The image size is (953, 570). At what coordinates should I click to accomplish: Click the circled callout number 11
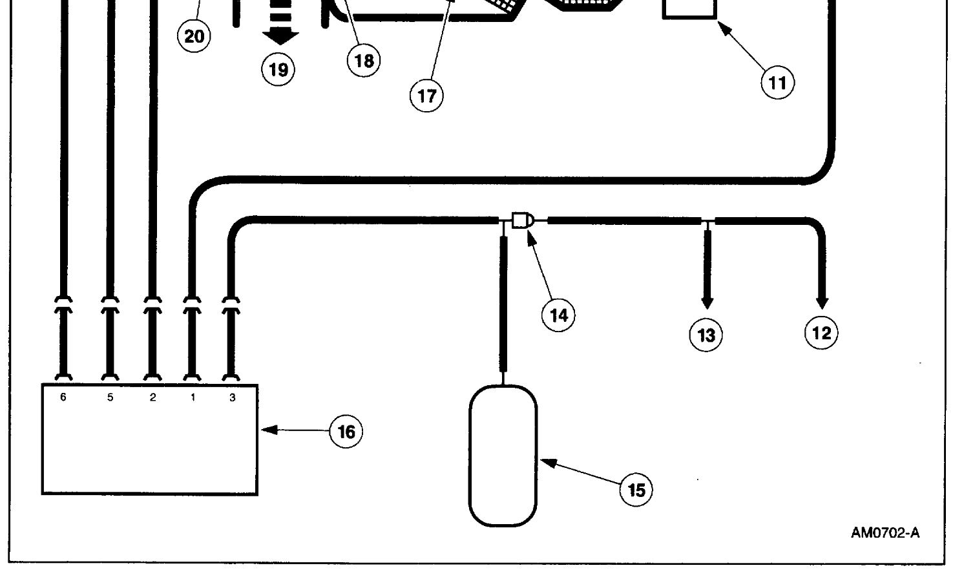[x=778, y=83]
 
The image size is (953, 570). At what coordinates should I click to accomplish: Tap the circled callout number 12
[x=821, y=333]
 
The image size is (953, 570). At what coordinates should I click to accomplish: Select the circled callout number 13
[x=706, y=335]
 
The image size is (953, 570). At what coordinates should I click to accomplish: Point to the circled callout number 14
[x=558, y=315]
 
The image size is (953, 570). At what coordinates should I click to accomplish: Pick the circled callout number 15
[x=636, y=490]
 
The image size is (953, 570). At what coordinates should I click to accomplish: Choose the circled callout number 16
[x=346, y=432]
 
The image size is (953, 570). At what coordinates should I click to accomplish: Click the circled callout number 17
[x=426, y=96]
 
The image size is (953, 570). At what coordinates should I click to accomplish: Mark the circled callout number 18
[x=364, y=61]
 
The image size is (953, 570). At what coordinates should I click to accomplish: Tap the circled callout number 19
[x=278, y=69]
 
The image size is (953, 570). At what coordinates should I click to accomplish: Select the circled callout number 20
[x=194, y=36]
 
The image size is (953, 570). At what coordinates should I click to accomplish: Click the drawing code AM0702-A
[x=885, y=533]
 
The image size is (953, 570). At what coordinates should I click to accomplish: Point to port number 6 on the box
[x=63, y=397]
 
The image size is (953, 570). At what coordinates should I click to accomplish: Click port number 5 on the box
[x=110, y=397]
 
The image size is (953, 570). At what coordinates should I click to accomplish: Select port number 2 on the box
[x=152, y=397]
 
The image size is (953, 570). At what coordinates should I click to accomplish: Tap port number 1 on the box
[x=193, y=397]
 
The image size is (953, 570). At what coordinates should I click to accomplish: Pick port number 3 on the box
[x=233, y=397]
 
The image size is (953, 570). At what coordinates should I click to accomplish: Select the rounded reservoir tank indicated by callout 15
[x=503, y=456]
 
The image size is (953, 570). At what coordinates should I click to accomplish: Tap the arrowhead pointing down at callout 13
[x=707, y=302]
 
